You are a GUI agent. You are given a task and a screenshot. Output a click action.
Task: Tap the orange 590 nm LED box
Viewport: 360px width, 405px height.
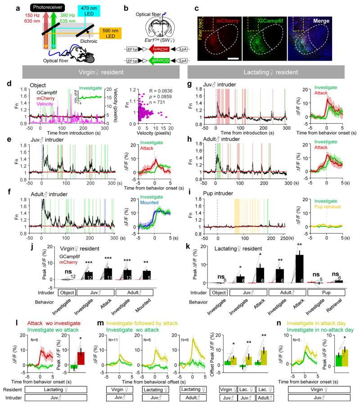tap(112, 45)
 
